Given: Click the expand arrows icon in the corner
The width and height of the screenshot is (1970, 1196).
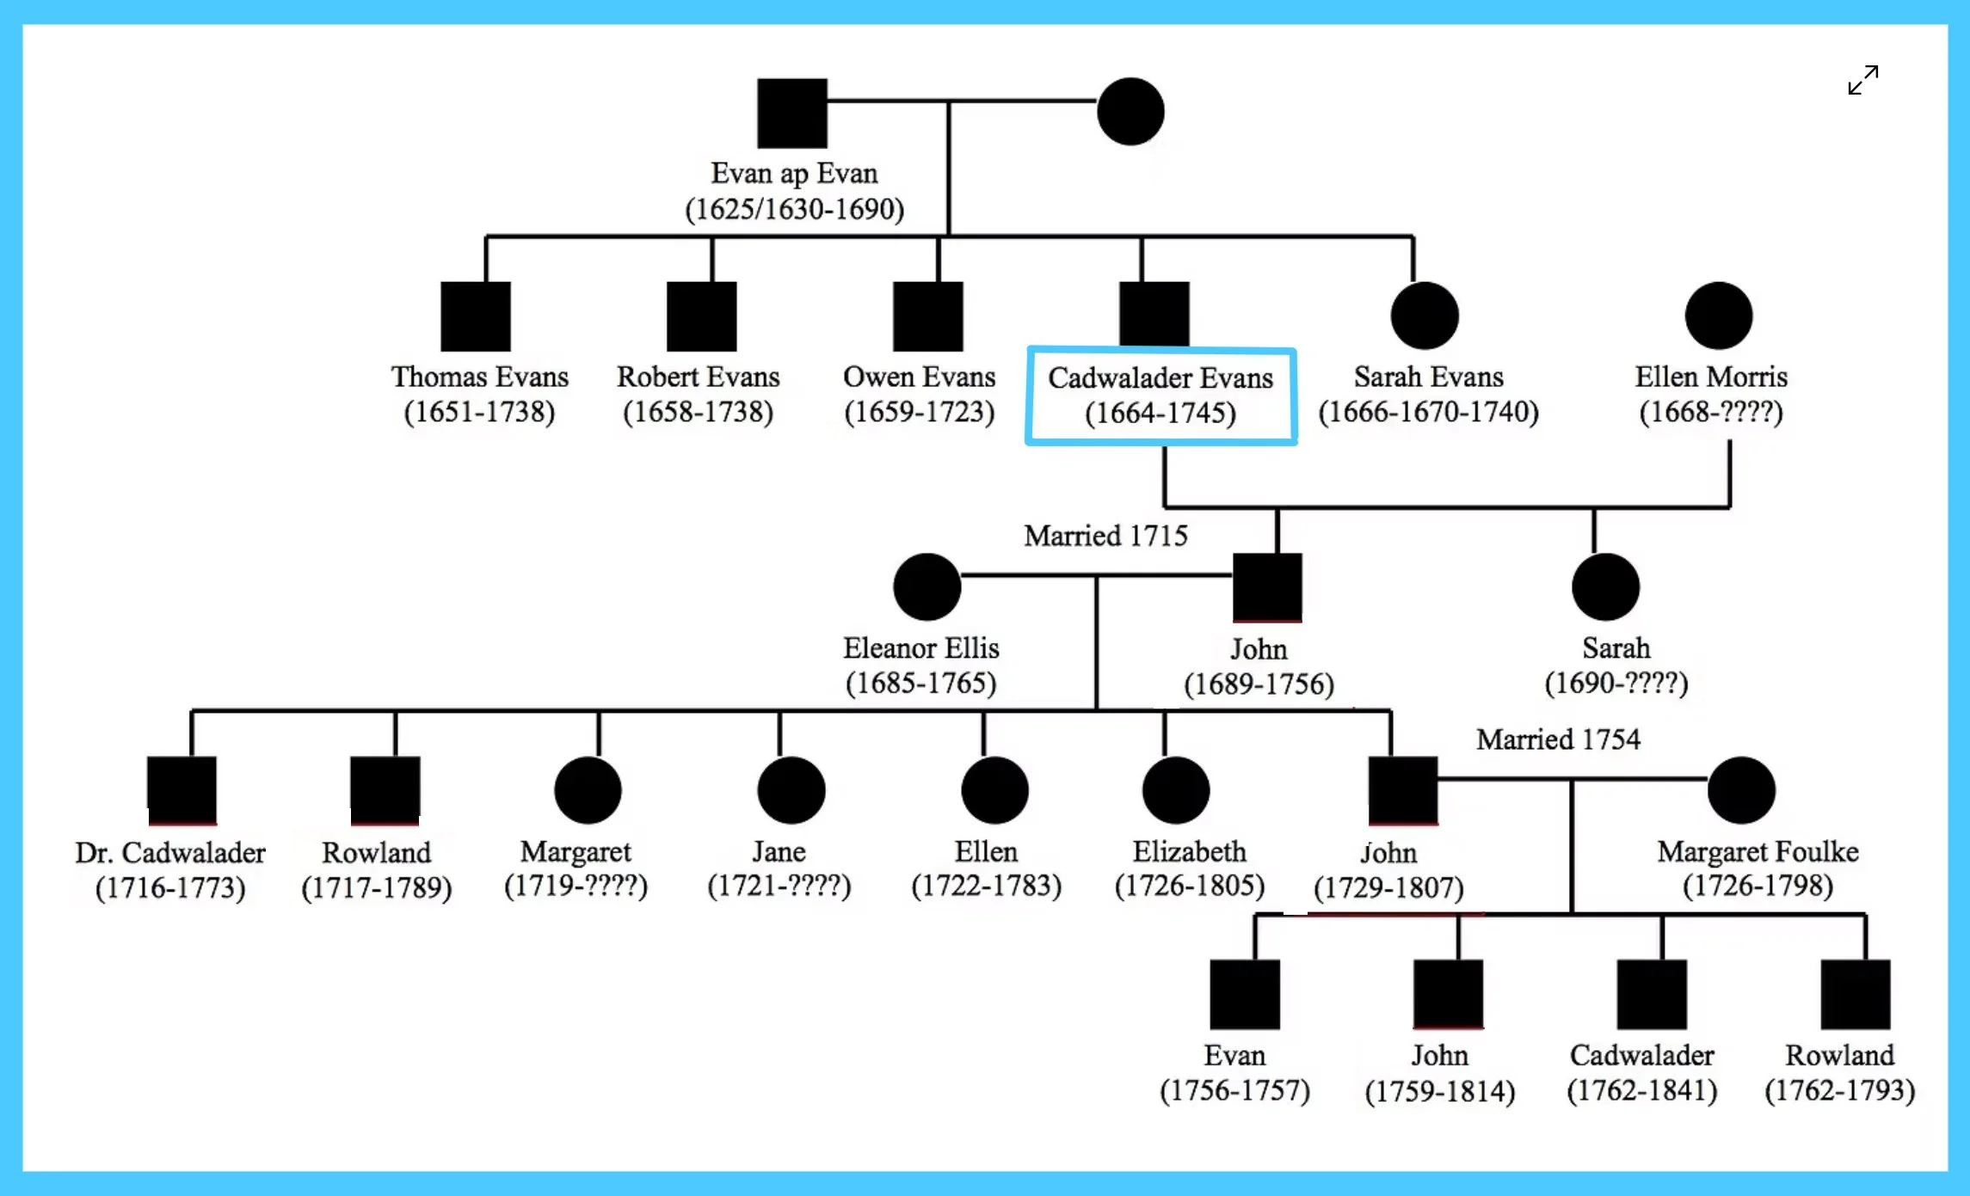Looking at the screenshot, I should [x=1863, y=80].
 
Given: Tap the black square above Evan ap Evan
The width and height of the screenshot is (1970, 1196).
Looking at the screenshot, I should [x=792, y=113].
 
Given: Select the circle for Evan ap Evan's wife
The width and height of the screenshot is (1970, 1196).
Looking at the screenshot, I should [x=1130, y=112].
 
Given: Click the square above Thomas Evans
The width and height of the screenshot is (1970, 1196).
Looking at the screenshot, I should [x=476, y=316].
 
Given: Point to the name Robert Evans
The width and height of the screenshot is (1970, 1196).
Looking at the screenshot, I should [x=698, y=377].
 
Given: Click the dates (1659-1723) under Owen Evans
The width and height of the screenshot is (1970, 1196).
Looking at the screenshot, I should [x=919, y=412].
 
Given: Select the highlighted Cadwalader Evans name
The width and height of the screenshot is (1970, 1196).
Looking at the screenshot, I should [x=1160, y=378].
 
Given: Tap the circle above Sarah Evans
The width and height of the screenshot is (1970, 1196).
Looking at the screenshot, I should [x=1425, y=316].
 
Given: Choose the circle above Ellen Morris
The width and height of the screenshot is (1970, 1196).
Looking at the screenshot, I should [x=1719, y=316].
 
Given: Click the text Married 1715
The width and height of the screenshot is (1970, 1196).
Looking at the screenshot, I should [x=1105, y=536].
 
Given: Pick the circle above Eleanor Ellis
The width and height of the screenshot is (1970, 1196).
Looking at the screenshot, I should [x=927, y=586].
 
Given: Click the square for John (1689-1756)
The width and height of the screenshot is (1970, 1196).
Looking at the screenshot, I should [x=1267, y=587].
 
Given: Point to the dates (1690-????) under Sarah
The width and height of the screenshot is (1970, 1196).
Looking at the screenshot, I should [x=1616, y=684].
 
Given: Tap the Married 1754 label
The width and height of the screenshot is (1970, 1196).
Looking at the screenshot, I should [x=1558, y=739].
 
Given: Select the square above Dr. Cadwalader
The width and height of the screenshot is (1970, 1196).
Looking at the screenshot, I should [x=182, y=790].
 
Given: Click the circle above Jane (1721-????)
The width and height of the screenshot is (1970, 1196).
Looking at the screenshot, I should [x=791, y=790].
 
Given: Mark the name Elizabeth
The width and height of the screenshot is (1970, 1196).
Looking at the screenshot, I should [x=1189, y=851].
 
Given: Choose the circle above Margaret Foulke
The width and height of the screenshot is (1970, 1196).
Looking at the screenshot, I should [x=1741, y=790].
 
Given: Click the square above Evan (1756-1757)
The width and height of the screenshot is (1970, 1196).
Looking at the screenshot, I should [x=1244, y=994].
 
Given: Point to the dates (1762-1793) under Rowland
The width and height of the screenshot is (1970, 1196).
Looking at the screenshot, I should [x=1839, y=1090].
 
